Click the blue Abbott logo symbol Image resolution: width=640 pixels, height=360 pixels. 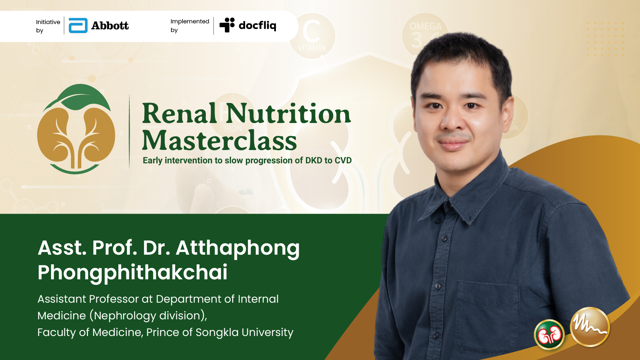point(78,26)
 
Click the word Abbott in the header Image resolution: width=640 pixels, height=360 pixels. point(110,26)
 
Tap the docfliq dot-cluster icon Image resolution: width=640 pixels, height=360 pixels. point(227,25)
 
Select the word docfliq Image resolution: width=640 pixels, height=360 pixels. point(258,25)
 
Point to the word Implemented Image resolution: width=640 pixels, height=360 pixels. point(190,21)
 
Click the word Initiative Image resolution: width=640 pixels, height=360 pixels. point(48,22)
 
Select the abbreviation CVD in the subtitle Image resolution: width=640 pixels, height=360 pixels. point(343,160)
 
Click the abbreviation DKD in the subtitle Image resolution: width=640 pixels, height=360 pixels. point(314,160)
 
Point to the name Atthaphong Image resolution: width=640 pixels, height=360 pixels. point(238,249)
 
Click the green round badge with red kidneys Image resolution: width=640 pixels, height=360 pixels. point(549,335)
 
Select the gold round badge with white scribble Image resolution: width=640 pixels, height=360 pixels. point(590,327)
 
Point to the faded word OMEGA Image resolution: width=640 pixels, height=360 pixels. point(425,26)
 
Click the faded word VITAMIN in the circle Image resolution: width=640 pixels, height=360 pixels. point(312,48)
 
